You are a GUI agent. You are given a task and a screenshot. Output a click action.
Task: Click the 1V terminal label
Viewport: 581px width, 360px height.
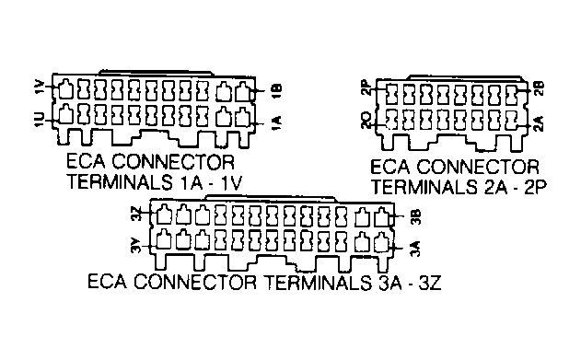tap(38, 89)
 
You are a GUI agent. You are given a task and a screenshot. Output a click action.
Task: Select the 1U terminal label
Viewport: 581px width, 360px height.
tap(38, 119)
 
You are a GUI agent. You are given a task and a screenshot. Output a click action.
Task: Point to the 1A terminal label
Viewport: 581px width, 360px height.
tap(277, 121)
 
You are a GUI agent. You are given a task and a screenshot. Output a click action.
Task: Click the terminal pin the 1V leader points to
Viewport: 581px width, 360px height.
tap(66, 90)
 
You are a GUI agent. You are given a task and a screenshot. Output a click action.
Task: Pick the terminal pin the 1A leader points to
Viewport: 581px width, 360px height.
tap(243, 118)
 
